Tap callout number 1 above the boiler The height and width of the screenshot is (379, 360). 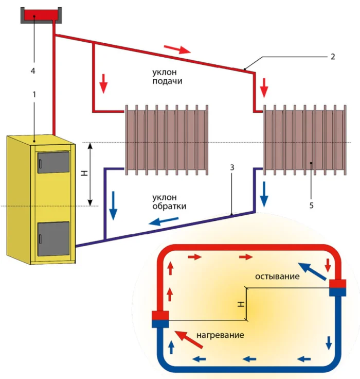click(x=34, y=96)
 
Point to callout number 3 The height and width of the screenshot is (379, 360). click(x=232, y=168)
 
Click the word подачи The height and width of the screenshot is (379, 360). click(x=167, y=81)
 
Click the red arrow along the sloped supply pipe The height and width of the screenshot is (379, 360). click(x=177, y=49)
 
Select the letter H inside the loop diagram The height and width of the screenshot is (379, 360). click(x=240, y=304)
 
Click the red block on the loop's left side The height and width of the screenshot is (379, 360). click(x=160, y=315)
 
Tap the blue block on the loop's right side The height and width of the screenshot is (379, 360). click(x=338, y=292)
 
